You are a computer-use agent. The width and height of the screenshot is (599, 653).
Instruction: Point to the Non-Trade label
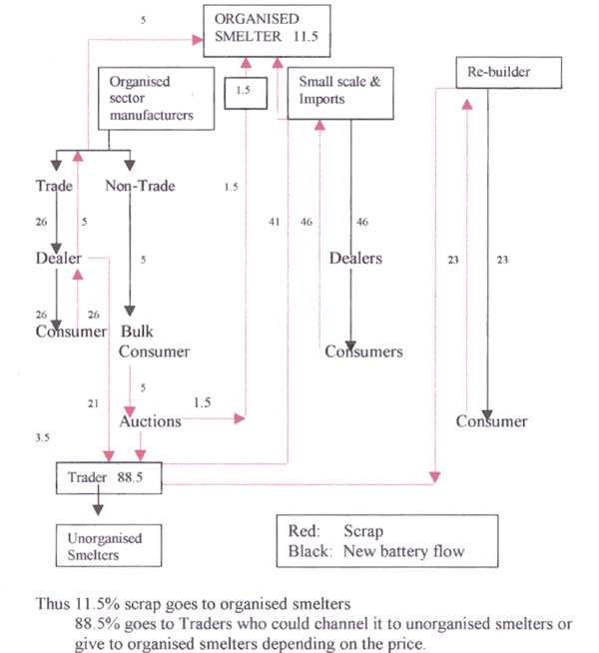click(140, 186)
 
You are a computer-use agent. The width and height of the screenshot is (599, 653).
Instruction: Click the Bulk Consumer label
click(154, 341)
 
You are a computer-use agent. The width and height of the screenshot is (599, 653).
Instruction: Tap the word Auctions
click(151, 421)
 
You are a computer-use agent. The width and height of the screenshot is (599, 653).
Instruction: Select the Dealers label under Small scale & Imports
click(355, 259)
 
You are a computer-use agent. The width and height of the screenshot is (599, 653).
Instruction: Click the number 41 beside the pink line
click(274, 222)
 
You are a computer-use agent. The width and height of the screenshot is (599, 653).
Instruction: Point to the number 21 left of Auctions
click(93, 403)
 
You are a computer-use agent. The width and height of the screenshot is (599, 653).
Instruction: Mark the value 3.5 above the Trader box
click(43, 437)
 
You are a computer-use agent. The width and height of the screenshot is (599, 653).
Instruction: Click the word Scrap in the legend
click(363, 531)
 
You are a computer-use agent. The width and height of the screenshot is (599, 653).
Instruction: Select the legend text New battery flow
click(403, 551)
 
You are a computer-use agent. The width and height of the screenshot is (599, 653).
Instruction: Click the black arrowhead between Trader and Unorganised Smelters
click(98, 510)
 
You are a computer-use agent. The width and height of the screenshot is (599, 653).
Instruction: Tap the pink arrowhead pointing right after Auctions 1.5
click(240, 418)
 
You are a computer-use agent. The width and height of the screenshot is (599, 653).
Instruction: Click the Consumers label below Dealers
click(363, 351)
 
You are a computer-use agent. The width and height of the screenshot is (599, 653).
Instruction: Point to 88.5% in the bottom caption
click(98, 624)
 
